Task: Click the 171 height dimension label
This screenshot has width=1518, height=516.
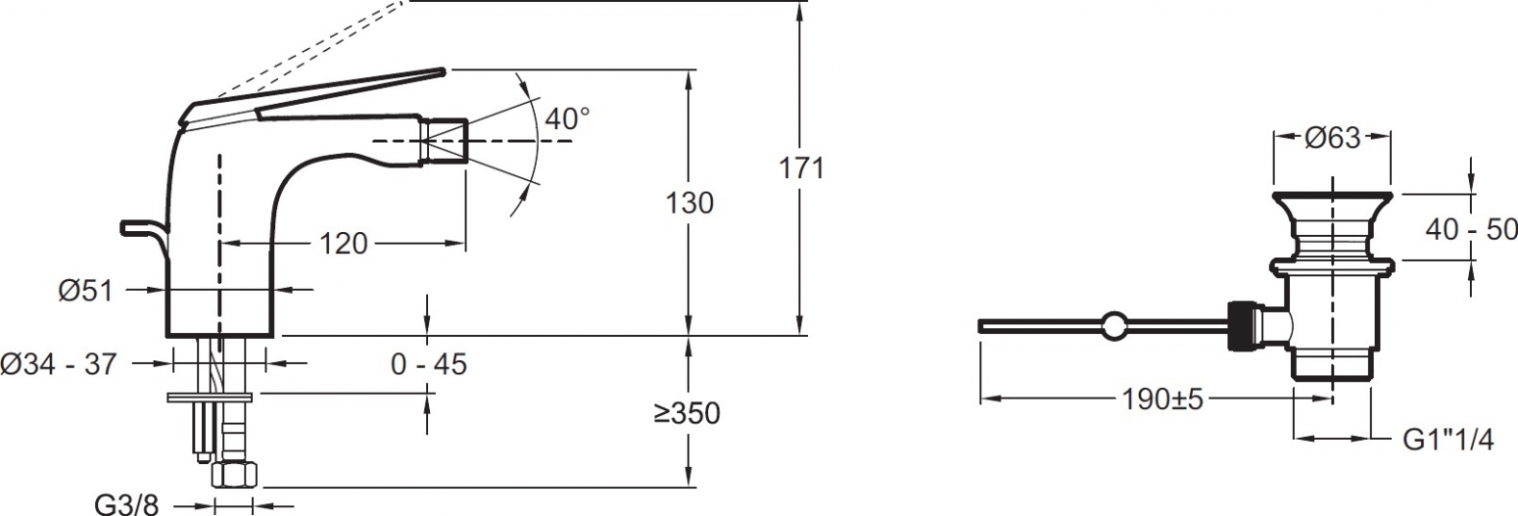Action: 801,168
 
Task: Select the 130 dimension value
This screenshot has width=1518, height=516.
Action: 689,203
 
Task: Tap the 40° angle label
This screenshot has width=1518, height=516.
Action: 567,119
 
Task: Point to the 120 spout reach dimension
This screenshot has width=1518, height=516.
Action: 343,243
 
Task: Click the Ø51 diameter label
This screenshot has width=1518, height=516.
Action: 85,291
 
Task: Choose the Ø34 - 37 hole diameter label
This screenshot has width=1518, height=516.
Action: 59,364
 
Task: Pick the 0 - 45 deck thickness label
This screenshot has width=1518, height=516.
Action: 429,364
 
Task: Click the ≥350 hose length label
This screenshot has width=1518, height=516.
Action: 688,413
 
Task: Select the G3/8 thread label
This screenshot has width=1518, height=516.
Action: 126,504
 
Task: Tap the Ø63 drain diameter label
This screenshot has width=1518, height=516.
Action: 1332,137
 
